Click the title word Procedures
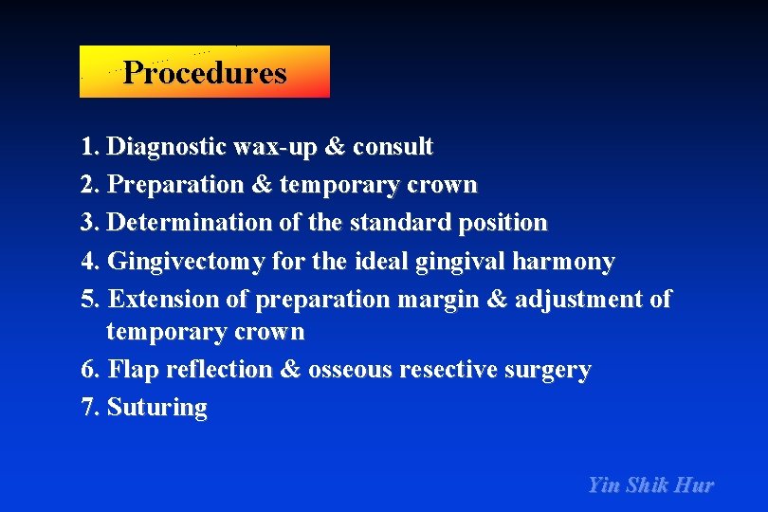(x=204, y=73)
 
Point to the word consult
(x=393, y=147)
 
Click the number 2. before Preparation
(x=92, y=185)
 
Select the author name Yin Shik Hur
(x=650, y=485)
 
